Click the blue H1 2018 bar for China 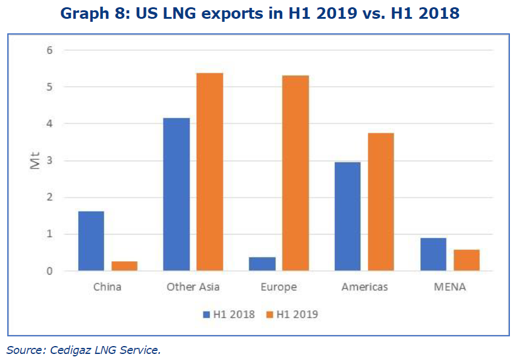tap(91, 241)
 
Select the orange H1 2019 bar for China tap(125, 266)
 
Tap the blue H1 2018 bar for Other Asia tap(176, 195)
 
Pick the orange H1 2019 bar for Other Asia tap(210, 172)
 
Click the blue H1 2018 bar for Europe tap(262, 264)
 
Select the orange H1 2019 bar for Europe tap(296, 173)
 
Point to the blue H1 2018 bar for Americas tap(348, 216)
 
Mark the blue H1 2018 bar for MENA tap(433, 255)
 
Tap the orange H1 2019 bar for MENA tap(466, 260)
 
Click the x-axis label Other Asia tap(193, 287)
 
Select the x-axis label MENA tap(449, 287)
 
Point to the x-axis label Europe tap(279, 287)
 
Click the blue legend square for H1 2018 tap(207, 315)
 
